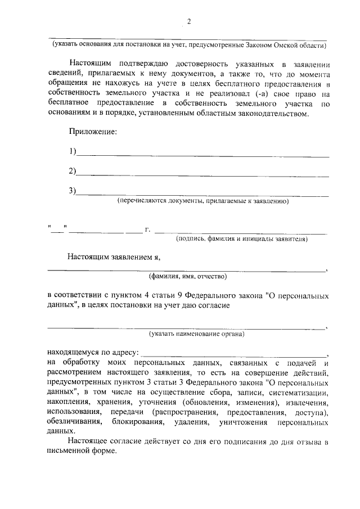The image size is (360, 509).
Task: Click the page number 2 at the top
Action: pos(188,22)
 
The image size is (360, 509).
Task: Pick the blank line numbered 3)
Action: pos(202,194)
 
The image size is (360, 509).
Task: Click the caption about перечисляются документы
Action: pos(202,201)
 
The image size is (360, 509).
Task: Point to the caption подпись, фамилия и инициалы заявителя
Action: pos(241,239)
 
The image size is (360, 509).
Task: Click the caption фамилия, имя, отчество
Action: pos(187,277)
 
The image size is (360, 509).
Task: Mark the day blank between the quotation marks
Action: pos(57,229)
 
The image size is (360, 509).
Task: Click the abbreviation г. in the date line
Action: pos(147,229)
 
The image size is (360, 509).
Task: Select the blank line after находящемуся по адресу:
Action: pos(233,354)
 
